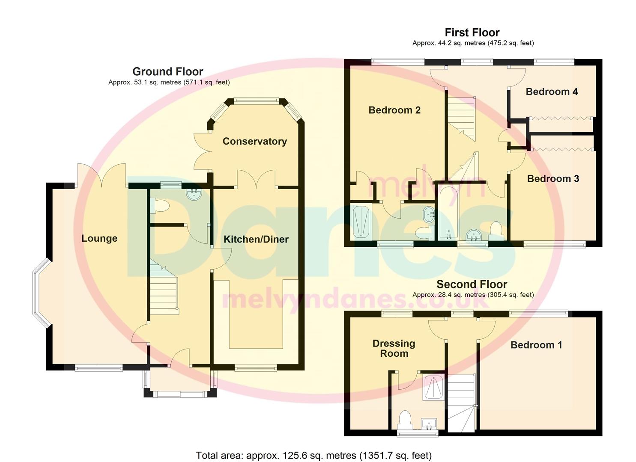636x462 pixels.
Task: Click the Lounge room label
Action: coord(99,238)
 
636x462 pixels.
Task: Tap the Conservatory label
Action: coord(254,141)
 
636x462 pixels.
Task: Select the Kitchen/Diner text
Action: coord(256,239)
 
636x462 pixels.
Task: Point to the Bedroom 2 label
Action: coord(394,110)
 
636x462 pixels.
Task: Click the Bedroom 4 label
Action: coord(552,92)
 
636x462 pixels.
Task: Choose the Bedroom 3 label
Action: coord(552,179)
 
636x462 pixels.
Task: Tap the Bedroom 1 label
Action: coord(536,345)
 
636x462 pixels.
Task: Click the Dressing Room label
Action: coord(394,348)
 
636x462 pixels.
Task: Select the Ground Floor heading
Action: coord(167,71)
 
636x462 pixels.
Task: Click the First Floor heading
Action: coord(472,33)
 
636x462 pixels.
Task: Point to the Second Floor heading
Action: coord(472,284)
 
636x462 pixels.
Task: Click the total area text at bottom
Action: coord(314,455)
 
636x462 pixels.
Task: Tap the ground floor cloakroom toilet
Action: coord(161,207)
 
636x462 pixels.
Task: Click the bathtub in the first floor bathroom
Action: coord(448,212)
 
